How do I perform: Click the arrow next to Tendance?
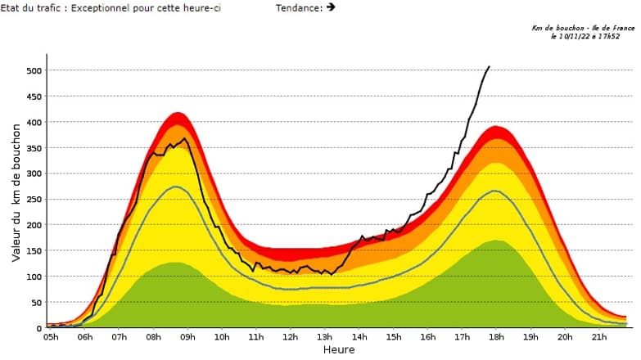pos(331,7)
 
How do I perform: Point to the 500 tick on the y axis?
pos(33,71)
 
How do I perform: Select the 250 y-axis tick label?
pos(33,200)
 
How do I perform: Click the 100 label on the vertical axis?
pos(33,277)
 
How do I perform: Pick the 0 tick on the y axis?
pos(38,328)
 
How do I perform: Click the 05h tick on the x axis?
pos(51,337)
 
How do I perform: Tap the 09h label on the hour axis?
pos(187,337)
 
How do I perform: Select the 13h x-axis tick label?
pos(324,337)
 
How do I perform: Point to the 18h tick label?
pos(495,337)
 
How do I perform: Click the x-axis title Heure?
pos(338,350)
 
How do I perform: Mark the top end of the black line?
pos(490,66)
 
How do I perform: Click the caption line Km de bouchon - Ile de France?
pos(582,28)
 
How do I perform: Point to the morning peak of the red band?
pos(178,113)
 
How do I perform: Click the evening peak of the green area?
pos(496,241)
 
